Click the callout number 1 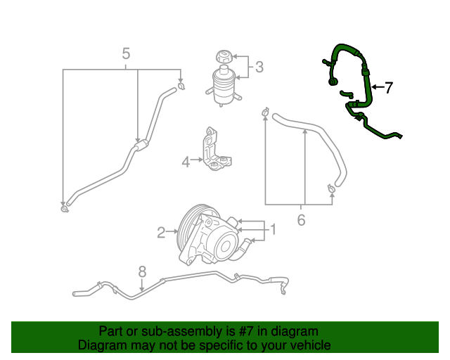[274, 229]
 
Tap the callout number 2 [160, 231]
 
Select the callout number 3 [259, 67]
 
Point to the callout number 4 [186, 162]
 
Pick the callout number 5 [127, 53]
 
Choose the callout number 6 [301, 220]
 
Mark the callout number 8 [141, 271]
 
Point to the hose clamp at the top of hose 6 [265, 111]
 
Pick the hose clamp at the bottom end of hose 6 [331, 188]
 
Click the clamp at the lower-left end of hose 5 [64, 207]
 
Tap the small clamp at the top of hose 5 [181, 86]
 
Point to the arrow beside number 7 [376, 88]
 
